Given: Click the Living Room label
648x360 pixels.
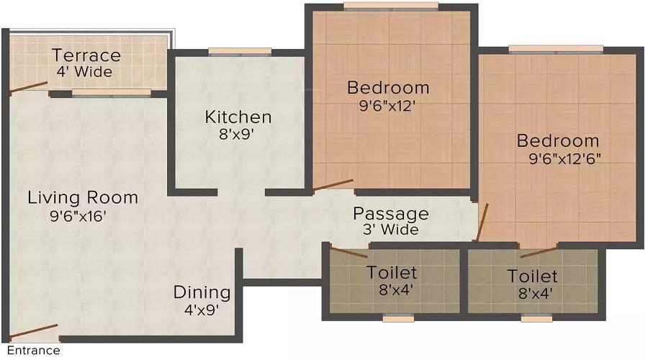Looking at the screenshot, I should [83, 197].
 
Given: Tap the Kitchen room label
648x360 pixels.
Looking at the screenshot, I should [238, 117].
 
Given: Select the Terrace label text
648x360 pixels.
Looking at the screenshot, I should [86, 55].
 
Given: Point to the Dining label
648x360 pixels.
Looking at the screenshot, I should [202, 292].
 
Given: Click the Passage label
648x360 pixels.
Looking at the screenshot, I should [390, 214].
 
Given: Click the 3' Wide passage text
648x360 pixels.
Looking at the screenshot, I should [390, 230].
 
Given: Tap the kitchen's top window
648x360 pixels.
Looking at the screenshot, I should [240, 51].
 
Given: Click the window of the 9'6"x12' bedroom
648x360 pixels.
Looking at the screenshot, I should [391, 6].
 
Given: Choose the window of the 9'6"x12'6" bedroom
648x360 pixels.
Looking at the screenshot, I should [555, 49].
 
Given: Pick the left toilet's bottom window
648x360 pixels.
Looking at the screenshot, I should [397, 317].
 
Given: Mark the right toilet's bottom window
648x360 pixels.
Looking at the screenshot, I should [536, 317].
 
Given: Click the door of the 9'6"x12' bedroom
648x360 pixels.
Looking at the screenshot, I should [333, 186].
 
